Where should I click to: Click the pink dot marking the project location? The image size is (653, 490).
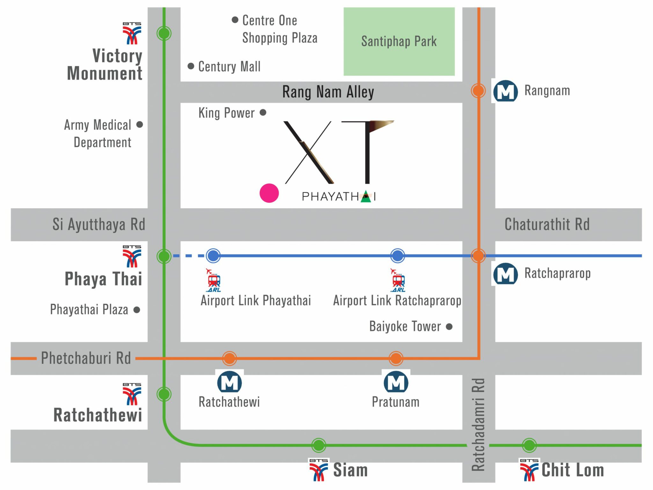coord(269,193)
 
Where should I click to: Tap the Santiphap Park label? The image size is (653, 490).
coord(399,41)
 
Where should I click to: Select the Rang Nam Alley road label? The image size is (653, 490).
coord(328,92)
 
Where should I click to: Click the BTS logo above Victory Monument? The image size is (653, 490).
coord(132,33)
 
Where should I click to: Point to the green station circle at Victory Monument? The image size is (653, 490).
coord(164,33)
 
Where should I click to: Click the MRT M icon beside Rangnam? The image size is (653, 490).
coord(505,91)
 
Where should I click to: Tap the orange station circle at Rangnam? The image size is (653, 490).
coord(478,91)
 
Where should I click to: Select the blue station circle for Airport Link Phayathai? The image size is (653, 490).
coord(213,256)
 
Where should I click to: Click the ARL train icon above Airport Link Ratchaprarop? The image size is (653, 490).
coord(398,281)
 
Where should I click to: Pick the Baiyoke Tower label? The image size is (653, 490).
coord(405,326)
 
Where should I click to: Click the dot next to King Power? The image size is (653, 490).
coord(263,113)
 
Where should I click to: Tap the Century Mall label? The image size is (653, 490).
coord(229,67)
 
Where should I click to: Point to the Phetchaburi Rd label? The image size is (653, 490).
coord(86,358)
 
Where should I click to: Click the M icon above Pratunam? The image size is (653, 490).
coord(396,382)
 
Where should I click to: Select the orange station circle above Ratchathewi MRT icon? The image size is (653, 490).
coord(230,358)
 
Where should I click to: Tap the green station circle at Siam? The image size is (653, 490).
coord(319,445)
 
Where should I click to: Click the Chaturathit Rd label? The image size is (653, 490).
coord(547,224)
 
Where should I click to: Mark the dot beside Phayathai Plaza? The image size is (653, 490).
coord(137,310)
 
